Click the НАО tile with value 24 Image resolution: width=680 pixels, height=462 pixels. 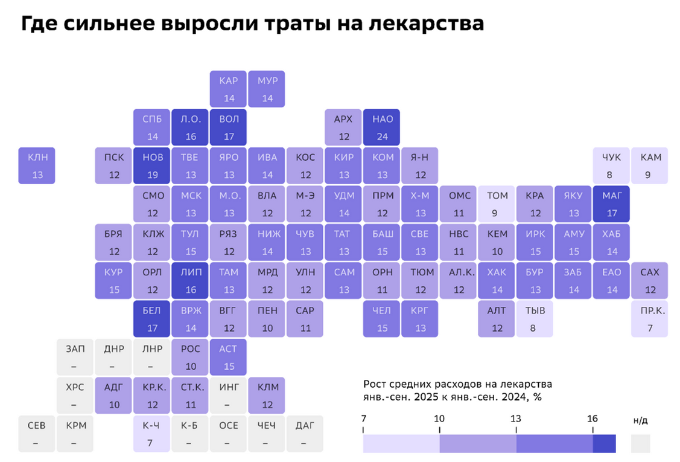click(x=382, y=127)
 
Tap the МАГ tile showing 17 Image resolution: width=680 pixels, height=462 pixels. click(x=611, y=204)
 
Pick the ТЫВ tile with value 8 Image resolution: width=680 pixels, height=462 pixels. click(x=535, y=319)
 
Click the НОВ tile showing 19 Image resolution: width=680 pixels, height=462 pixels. click(x=153, y=165)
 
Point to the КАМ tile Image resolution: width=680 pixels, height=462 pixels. click(x=650, y=165)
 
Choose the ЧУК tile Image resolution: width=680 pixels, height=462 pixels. click(x=611, y=165)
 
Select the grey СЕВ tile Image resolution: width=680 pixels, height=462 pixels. click(x=36, y=434)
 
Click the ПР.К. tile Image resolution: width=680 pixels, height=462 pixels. click(x=650, y=319)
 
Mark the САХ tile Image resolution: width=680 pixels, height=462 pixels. click(x=650, y=281)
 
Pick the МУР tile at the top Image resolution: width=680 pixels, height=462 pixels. click(x=267, y=89)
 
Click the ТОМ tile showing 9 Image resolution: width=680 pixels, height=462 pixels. click(x=497, y=204)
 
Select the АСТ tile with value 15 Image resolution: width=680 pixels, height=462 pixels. click(x=229, y=358)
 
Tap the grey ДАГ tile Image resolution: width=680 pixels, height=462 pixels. click(x=305, y=434)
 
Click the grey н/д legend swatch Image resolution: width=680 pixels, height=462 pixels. click(x=640, y=444)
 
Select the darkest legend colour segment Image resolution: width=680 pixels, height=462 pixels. click(x=604, y=444)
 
